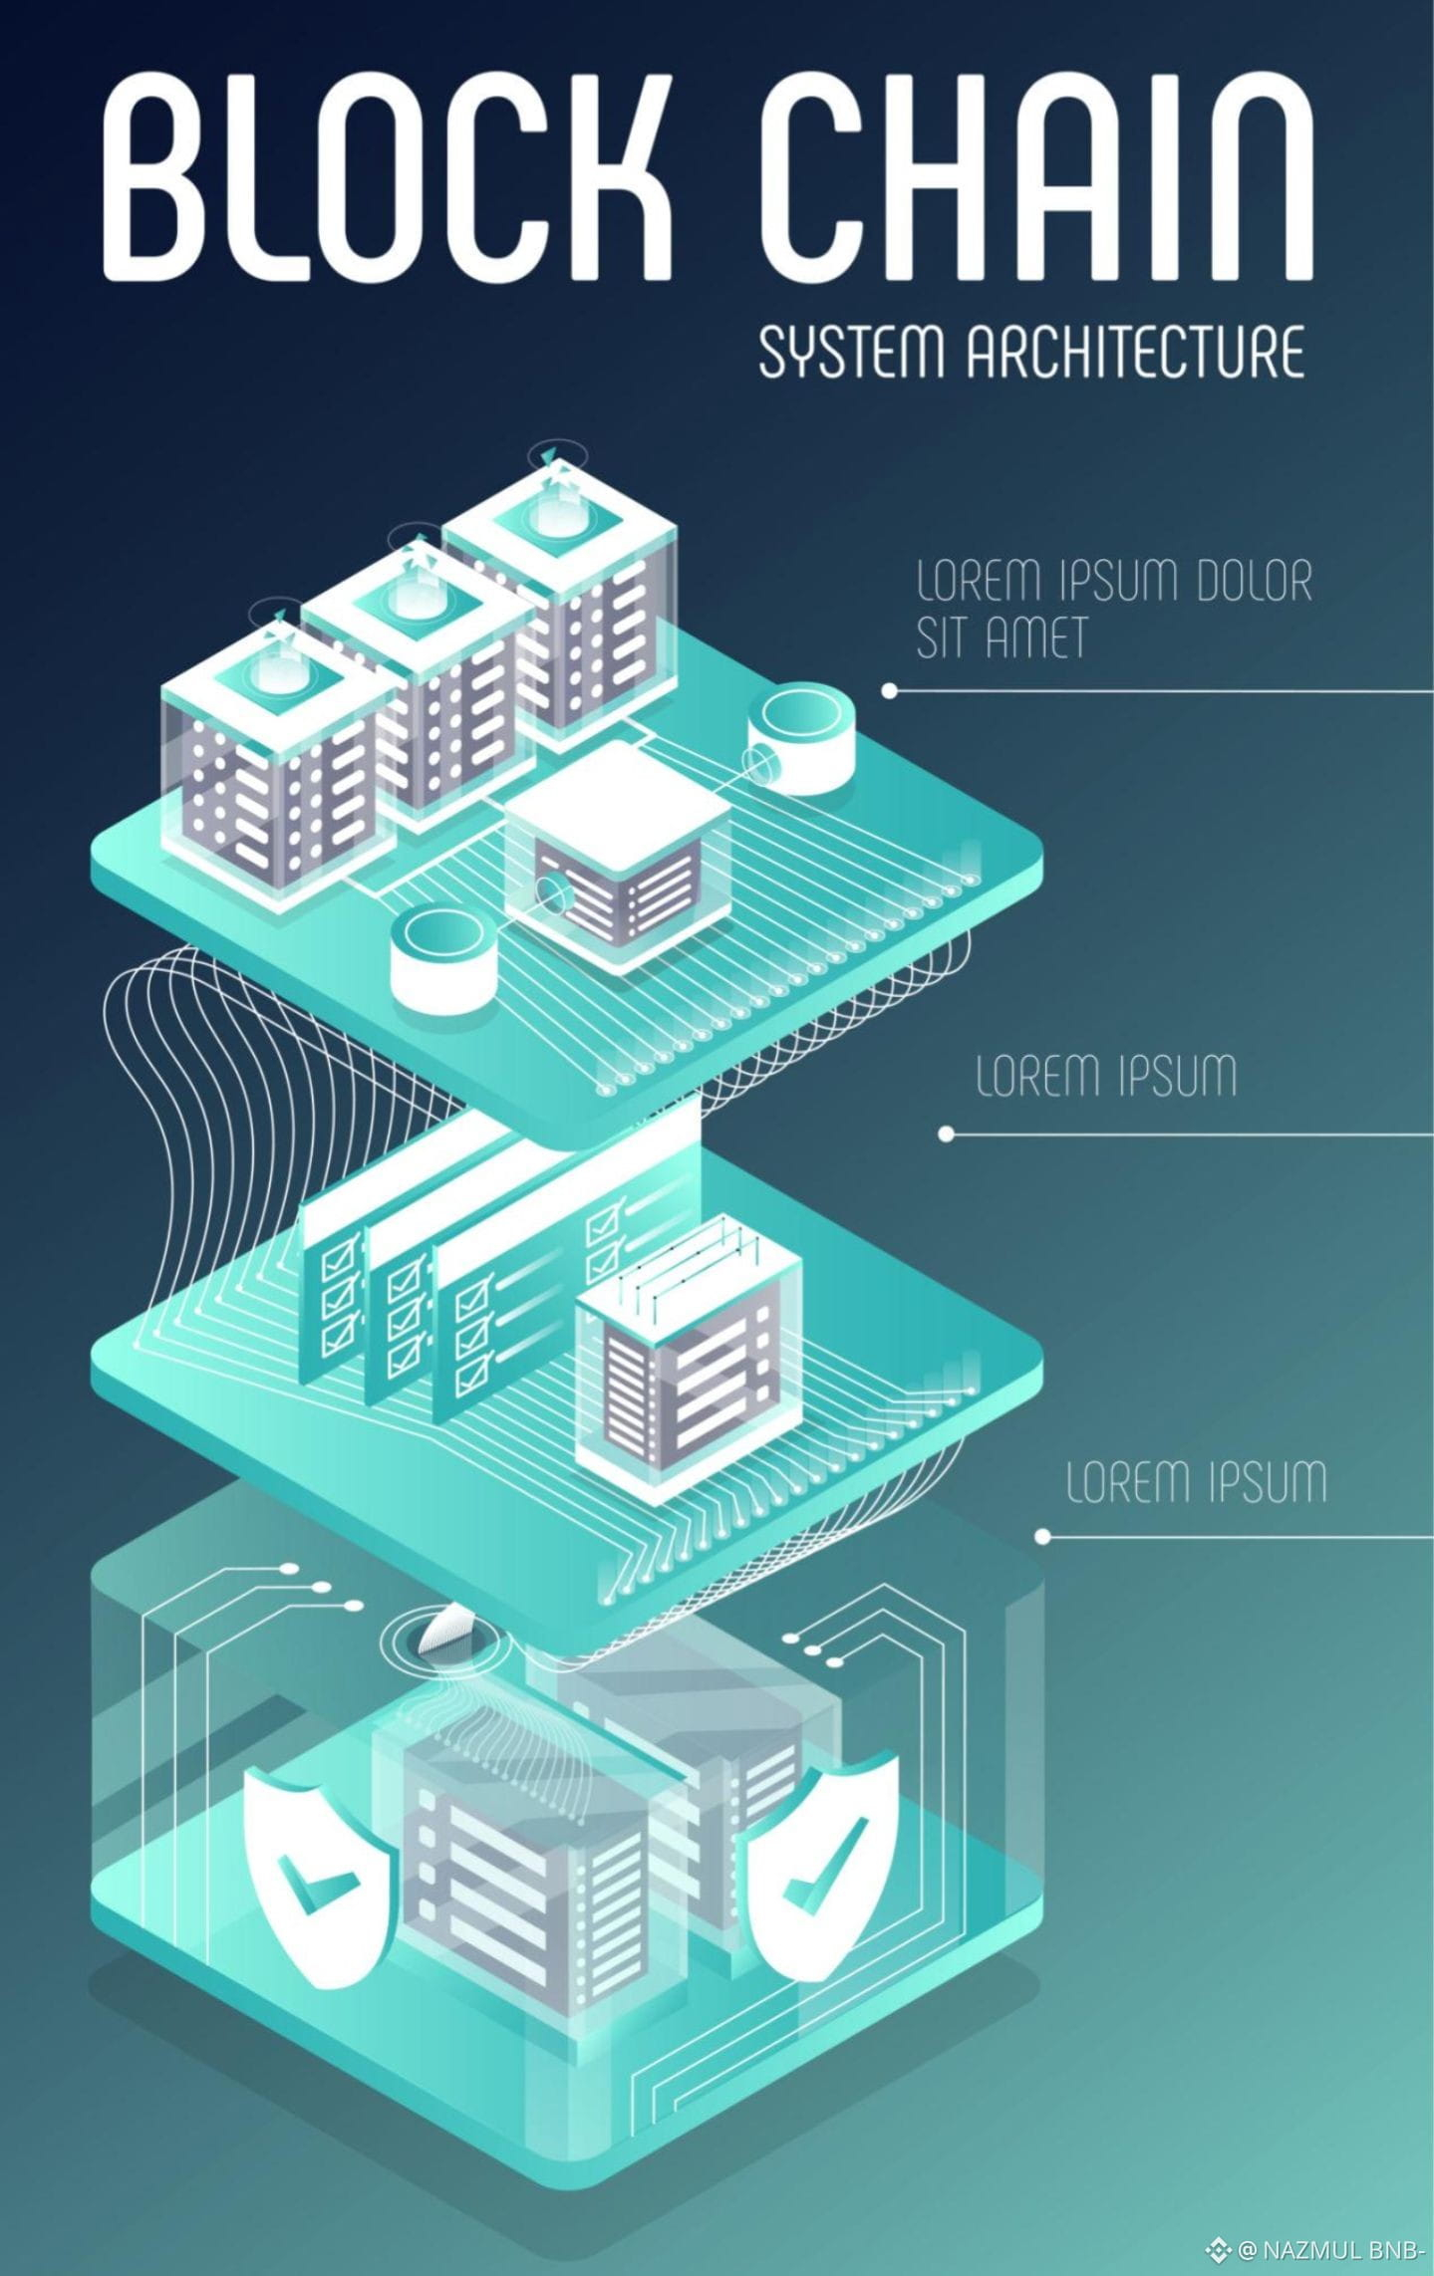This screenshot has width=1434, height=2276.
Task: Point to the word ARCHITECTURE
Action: (x=1136, y=352)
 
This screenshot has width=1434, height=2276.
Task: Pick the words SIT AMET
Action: (x=1001, y=637)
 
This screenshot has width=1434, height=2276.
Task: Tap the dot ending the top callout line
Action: (x=889, y=690)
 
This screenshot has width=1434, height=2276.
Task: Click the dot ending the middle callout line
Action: (x=946, y=1134)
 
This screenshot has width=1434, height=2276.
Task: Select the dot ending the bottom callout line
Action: (x=1042, y=1536)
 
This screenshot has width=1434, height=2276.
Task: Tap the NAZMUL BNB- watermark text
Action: (x=1329, y=2249)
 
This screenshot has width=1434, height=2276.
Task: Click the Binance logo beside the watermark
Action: (x=1218, y=2249)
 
